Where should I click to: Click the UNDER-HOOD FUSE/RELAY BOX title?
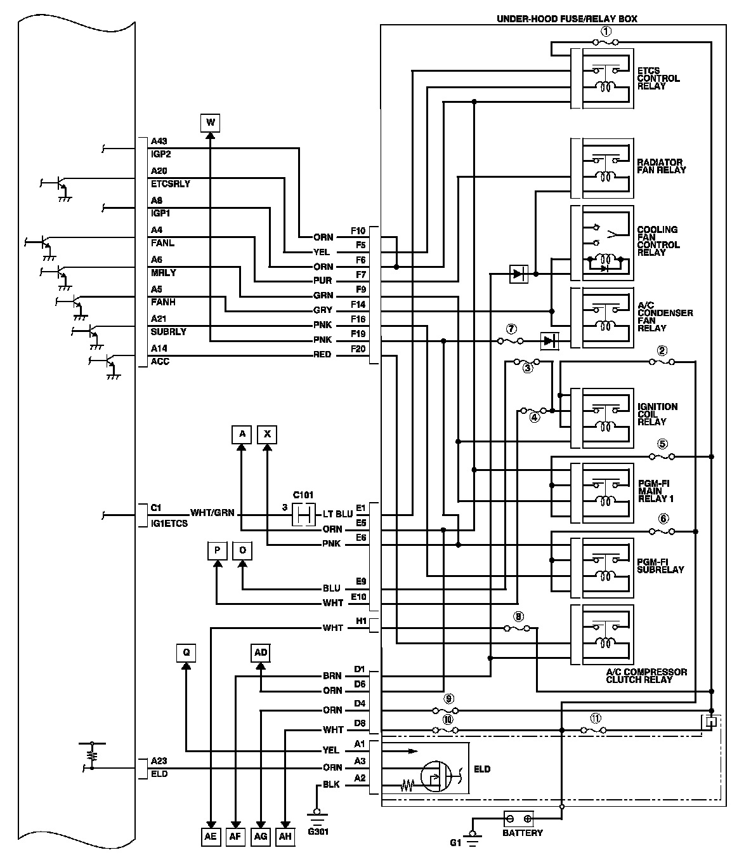[x=566, y=19]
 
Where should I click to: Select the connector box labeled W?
[x=211, y=122]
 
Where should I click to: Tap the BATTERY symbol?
[x=518, y=819]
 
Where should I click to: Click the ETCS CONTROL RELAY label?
[x=658, y=79]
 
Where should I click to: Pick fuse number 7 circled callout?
[x=511, y=329]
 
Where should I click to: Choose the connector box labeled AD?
[x=261, y=653]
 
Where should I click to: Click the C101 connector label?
[x=303, y=495]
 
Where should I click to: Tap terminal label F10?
[x=358, y=230]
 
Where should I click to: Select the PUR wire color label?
[x=323, y=281]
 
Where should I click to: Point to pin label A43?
[x=159, y=141]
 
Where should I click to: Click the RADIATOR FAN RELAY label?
[x=661, y=166]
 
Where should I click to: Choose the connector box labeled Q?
[x=186, y=653]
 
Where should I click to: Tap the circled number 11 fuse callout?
[x=595, y=719]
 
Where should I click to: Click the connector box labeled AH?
[x=285, y=837]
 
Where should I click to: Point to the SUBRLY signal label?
[x=168, y=332]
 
